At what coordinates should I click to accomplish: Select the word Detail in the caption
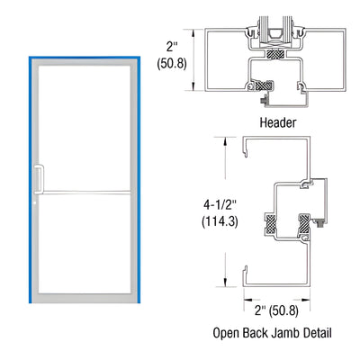click(x=313, y=332)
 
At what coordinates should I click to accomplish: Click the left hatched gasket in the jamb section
click(x=268, y=220)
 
